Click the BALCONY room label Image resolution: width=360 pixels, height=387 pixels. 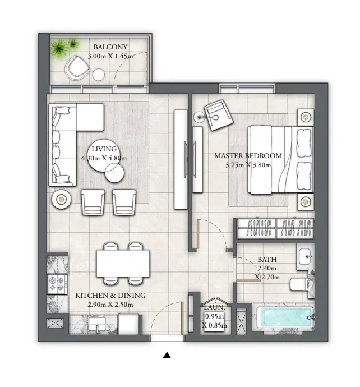tap(110, 47)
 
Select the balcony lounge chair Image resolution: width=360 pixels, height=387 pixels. tap(76, 68)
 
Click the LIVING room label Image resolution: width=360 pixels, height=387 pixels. tap(104, 149)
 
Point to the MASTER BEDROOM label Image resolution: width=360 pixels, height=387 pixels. tap(248, 156)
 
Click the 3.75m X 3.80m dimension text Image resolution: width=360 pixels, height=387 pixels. tap(248, 165)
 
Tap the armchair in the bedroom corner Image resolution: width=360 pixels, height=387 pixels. tap(218, 116)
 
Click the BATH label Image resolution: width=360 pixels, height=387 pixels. tap(267, 260)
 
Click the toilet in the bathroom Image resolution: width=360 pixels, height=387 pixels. tap(301, 283)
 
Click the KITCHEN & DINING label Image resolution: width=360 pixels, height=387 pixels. tap(110, 295)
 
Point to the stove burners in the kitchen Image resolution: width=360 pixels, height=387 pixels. tap(57, 284)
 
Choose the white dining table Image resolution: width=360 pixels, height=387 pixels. tap(123, 262)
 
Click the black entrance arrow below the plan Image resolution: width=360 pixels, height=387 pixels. tap(167, 354)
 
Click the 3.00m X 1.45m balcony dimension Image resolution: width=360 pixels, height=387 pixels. tap(110, 56)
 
